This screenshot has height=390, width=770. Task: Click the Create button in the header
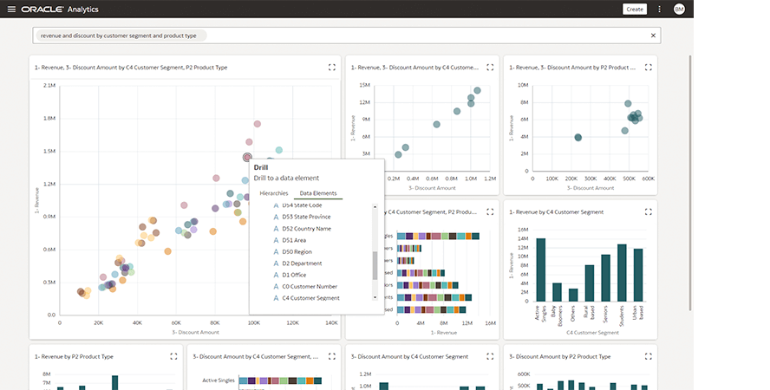point(635,9)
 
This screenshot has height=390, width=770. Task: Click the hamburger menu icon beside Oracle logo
point(11,9)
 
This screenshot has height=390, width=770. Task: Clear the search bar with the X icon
point(653,35)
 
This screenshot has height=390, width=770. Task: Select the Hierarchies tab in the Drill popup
point(274,193)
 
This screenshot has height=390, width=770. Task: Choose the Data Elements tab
point(318,193)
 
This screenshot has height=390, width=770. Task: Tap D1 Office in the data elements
point(294,275)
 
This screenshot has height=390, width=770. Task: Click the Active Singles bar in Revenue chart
point(540,270)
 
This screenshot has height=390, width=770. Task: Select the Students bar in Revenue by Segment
point(621,272)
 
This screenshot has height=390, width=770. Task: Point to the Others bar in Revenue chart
point(573,295)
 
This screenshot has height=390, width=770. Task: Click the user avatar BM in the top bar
point(678,9)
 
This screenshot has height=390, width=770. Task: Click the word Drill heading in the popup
point(261,167)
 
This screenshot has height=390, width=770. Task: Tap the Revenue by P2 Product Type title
point(74,356)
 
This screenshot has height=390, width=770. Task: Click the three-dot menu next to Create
point(659,9)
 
